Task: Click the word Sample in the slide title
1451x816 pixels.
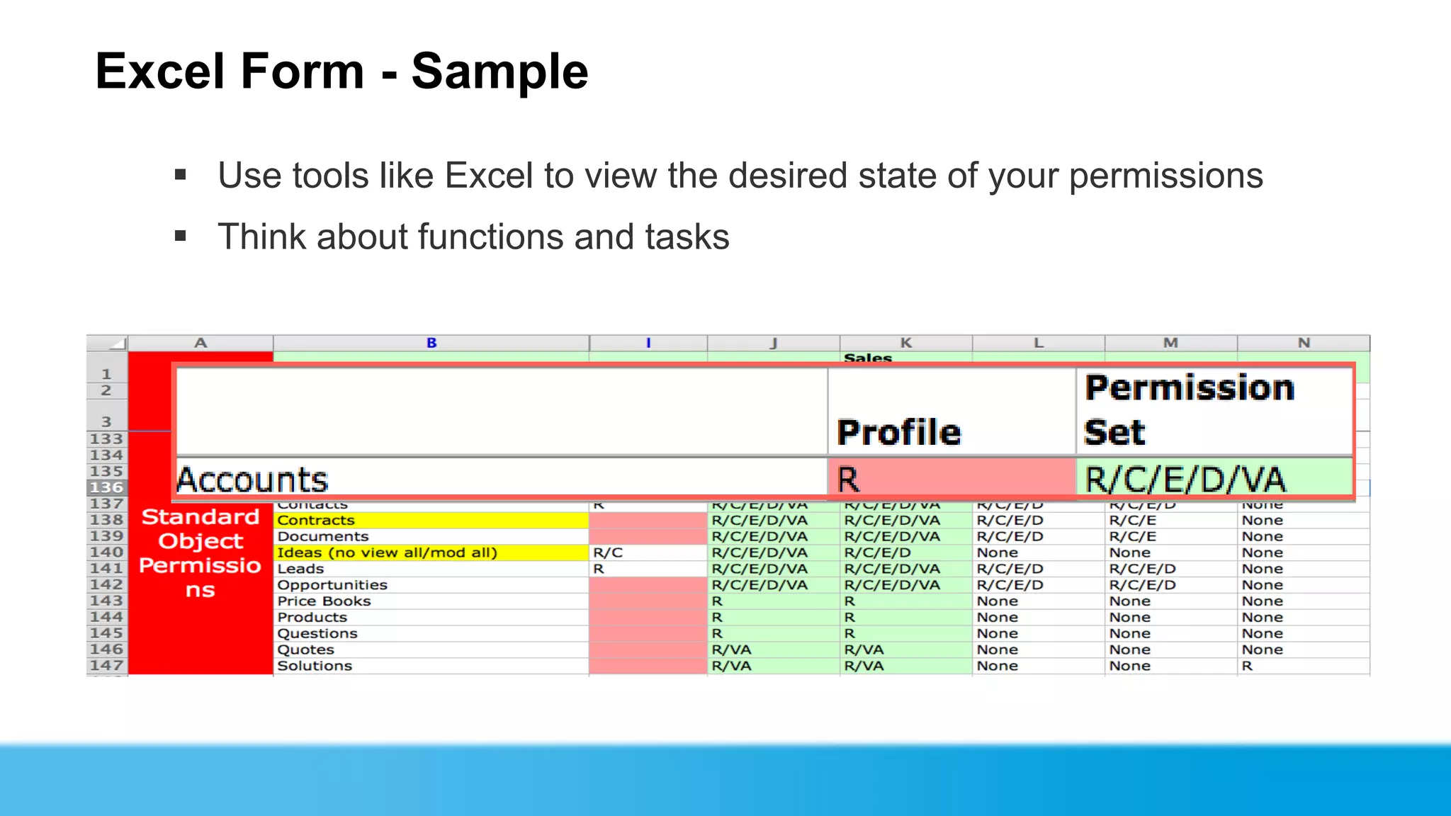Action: pyautogui.click(x=499, y=72)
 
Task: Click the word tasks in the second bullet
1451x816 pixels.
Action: pyautogui.click(x=687, y=237)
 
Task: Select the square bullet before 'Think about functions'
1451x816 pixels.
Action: pyautogui.click(x=181, y=236)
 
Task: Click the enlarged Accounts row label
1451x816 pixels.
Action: pyautogui.click(x=252, y=480)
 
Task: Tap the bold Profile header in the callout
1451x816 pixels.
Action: pyautogui.click(x=898, y=432)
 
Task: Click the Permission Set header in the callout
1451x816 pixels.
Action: pyautogui.click(x=1189, y=409)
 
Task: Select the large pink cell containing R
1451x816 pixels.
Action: pyautogui.click(x=951, y=479)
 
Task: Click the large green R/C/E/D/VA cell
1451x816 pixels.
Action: pyautogui.click(x=1213, y=479)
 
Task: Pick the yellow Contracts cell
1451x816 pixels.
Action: pyautogui.click(x=431, y=520)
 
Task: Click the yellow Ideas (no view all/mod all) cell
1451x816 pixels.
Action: pyautogui.click(x=431, y=552)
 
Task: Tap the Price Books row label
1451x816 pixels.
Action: pyautogui.click(x=324, y=601)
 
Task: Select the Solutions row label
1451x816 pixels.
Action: pyautogui.click(x=315, y=666)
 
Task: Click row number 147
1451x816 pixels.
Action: pyautogui.click(x=106, y=666)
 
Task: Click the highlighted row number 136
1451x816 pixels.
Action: pyautogui.click(x=106, y=487)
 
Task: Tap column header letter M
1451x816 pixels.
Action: pyautogui.click(x=1170, y=343)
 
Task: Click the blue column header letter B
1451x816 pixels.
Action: pyautogui.click(x=431, y=343)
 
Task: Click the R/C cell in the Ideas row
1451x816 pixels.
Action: pyautogui.click(x=608, y=552)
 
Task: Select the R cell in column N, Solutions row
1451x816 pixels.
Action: pyautogui.click(x=1247, y=666)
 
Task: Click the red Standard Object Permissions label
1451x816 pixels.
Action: pyautogui.click(x=201, y=552)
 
